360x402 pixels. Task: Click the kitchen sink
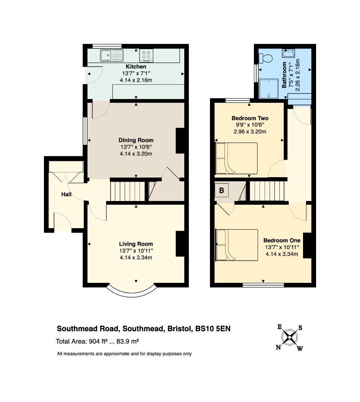(112, 55)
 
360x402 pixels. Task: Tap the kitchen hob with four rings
(146, 55)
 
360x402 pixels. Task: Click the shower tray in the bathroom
(268, 89)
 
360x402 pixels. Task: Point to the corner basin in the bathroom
(289, 53)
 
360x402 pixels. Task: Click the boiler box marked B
(222, 191)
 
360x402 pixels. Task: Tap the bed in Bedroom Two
(236, 159)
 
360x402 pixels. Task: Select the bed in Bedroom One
(237, 245)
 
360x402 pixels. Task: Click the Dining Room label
(136, 140)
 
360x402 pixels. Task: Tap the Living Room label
(136, 244)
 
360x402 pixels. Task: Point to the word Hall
(66, 195)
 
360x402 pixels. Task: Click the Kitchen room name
(136, 67)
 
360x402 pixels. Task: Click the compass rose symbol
(290, 338)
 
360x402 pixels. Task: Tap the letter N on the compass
(278, 347)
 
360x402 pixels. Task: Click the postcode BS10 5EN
(213, 329)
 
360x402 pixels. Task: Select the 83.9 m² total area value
(128, 341)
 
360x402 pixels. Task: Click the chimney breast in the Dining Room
(180, 141)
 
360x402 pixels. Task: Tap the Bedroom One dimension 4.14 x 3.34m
(282, 254)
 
